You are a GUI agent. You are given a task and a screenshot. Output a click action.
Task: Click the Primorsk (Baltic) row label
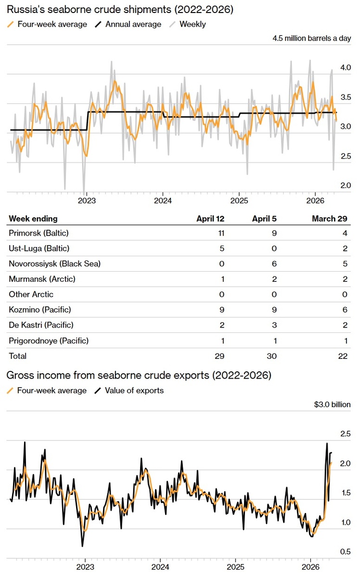pyautogui.click(x=39, y=233)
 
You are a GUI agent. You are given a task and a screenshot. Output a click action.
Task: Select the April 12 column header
pyautogui.click(x=210, y=219)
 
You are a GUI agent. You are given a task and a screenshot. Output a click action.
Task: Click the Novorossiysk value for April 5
pyautogui.click(x=274, y=264)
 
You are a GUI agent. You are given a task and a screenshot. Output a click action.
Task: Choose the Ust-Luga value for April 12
pyautogui.click(x=222, y=249)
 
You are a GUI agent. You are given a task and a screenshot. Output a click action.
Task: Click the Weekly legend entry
pyautogui.click(x=192, y=24)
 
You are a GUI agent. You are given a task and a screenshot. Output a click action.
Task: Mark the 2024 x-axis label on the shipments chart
pyautogui.click(x=163, y=201)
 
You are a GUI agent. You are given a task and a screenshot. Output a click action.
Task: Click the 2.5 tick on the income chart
pyautogui.click(x=346, y=434)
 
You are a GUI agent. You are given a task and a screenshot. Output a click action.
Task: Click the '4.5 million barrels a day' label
pyautogui.click(x=311, y=39)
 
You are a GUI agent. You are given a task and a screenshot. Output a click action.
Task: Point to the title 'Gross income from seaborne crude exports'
pyautogui.click(x=138, y=376)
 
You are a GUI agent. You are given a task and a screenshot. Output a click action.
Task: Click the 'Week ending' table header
pyautogui.click(x=33, y=219)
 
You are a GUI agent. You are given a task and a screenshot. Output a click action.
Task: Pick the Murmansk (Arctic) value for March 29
pyautogui.click(x=345, y=279)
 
